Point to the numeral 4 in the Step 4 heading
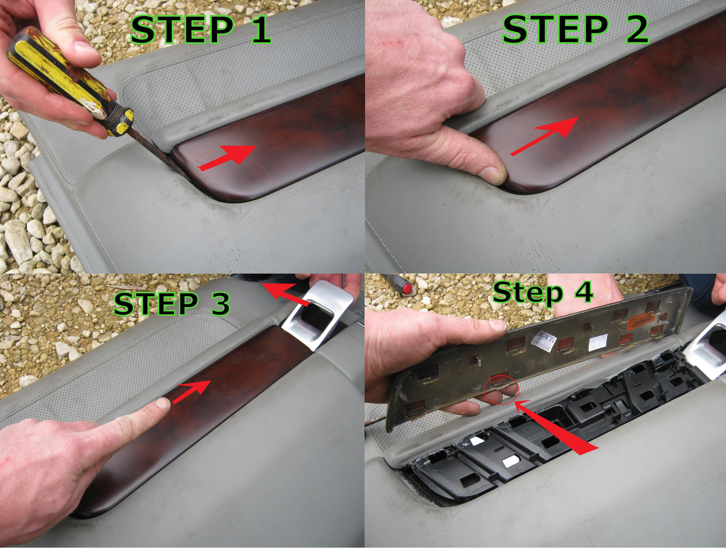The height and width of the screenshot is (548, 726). coord(583,292)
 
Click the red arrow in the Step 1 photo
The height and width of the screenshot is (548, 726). coord(229,157)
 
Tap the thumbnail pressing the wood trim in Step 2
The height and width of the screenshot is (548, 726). coord(492,175)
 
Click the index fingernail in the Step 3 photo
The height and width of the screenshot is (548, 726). coord(162,403)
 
